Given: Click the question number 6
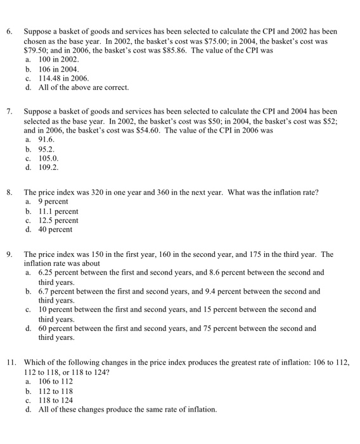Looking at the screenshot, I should tap(9, 30).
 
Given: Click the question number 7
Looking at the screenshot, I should tap(9, 111).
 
